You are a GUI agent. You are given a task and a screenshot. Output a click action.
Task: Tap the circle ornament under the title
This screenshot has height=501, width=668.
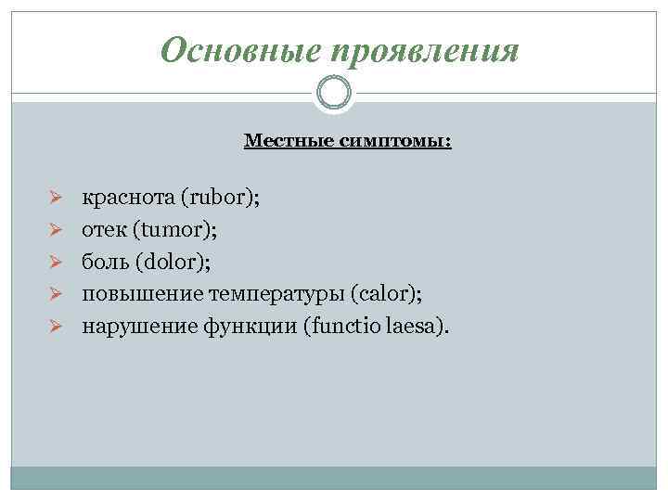point(334,94)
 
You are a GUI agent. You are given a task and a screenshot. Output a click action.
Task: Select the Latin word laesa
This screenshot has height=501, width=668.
point(408,328)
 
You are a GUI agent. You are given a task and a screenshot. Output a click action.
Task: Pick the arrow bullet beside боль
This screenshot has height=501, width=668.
point(55,263)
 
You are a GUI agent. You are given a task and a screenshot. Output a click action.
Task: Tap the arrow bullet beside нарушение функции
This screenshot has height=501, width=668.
point(55,328)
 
